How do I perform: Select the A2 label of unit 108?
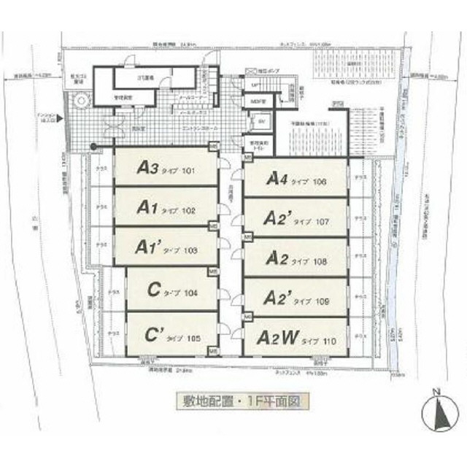coord(296,258)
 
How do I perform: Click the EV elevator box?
coord(261,121)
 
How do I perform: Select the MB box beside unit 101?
coord(212,147)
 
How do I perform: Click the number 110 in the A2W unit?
coord(329,339)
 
